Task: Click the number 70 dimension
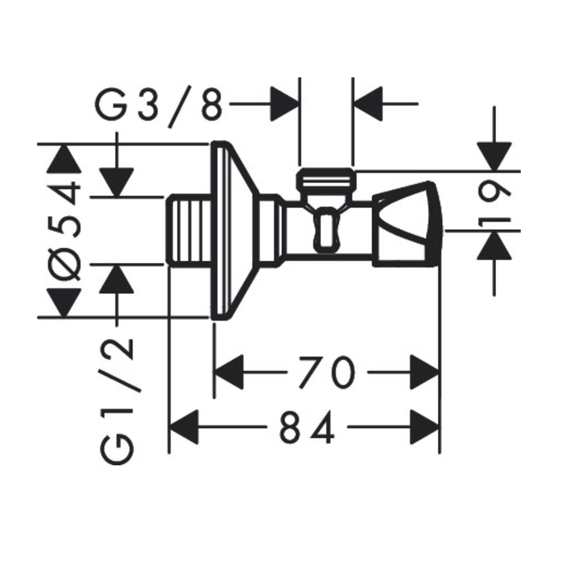326,372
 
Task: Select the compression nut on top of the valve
326,180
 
